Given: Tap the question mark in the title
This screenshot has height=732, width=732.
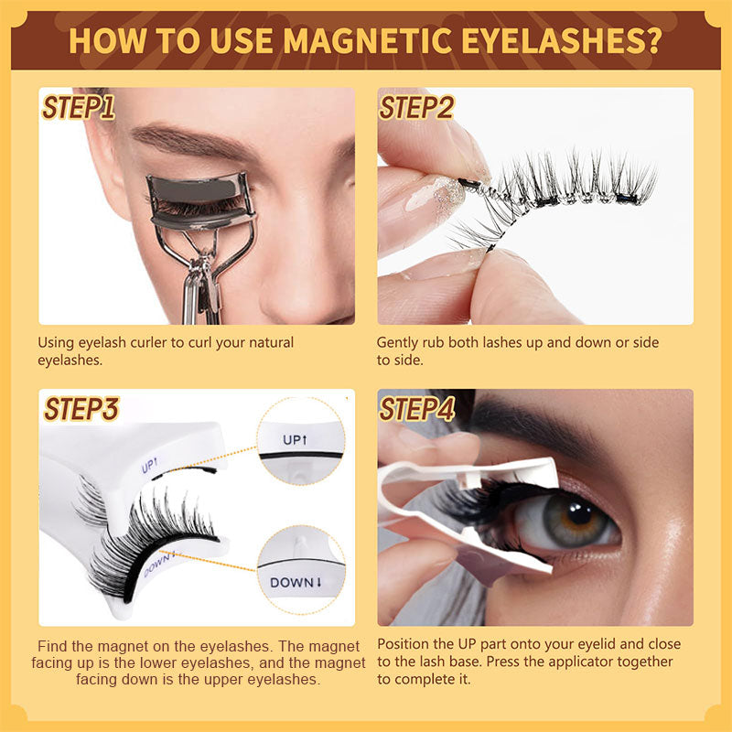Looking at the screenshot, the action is tap(652, 40).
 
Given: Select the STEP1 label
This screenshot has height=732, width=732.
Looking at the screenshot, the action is tap(78, 108).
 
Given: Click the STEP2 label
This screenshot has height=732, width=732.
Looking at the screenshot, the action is tap(416, 108).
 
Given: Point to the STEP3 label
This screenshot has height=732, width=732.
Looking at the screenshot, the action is tap(81, 409).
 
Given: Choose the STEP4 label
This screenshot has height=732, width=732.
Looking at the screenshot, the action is tap(417, 409).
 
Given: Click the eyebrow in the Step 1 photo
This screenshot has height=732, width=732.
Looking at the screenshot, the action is tap(196, 141).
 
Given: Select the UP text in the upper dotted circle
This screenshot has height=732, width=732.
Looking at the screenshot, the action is tap(295, 440).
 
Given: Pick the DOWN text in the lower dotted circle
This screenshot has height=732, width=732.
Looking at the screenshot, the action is tap(296, 583).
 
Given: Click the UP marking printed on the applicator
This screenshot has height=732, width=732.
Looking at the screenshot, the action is tap(149, 465).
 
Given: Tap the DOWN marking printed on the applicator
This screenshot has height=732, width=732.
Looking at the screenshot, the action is tap(159, 564).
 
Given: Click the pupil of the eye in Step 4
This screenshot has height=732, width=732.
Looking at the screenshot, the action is tap(579, 514).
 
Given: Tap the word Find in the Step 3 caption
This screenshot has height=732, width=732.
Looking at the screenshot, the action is tap(52, 646).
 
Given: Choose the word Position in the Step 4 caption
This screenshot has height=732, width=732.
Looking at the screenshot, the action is tap(404, 644).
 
